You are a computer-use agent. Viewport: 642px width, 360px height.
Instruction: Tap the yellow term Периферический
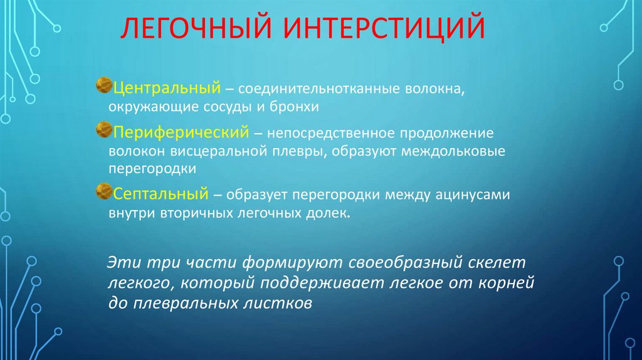click(179, 132)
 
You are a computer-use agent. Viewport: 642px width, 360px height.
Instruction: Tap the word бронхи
click(299, 106)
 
